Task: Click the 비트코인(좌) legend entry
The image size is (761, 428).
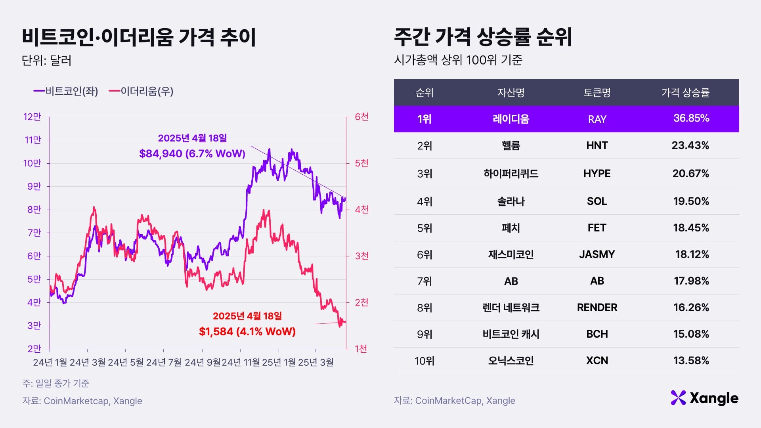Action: click(66, 91)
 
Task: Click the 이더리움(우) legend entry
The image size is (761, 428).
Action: click(141, 91)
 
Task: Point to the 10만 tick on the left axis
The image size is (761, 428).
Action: click(32, 163)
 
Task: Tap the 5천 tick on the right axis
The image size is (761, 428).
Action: click(361, 163)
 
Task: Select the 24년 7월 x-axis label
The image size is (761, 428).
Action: click(164, 362)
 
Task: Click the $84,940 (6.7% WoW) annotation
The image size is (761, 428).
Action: click(192, 153)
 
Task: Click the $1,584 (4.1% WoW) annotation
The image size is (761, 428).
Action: click(247, 331)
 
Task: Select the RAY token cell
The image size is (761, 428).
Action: click(597, 119)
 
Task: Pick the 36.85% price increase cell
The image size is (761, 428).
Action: click(691, 118)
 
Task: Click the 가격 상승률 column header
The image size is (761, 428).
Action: click(685, 93)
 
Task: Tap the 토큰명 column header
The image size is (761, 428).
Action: click(597, 93)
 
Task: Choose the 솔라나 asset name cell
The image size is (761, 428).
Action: click(511, 201)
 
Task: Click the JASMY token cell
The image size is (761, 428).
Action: click(597, 254)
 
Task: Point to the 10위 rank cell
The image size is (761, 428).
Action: click(424, 361)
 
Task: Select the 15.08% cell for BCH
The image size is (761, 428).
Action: click(691, 334)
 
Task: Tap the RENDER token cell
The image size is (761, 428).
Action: click(597, 308)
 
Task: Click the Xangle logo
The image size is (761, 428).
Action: click(704, 398)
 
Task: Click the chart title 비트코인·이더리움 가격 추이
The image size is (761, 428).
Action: click(139, 37)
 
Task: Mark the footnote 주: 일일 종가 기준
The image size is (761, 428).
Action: click(56, 383)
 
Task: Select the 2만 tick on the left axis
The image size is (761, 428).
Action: click(34, 349)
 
